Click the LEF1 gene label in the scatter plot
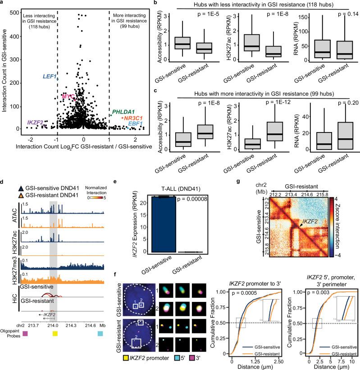(x=50, y=77)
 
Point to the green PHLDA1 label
(x=123, y=111)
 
